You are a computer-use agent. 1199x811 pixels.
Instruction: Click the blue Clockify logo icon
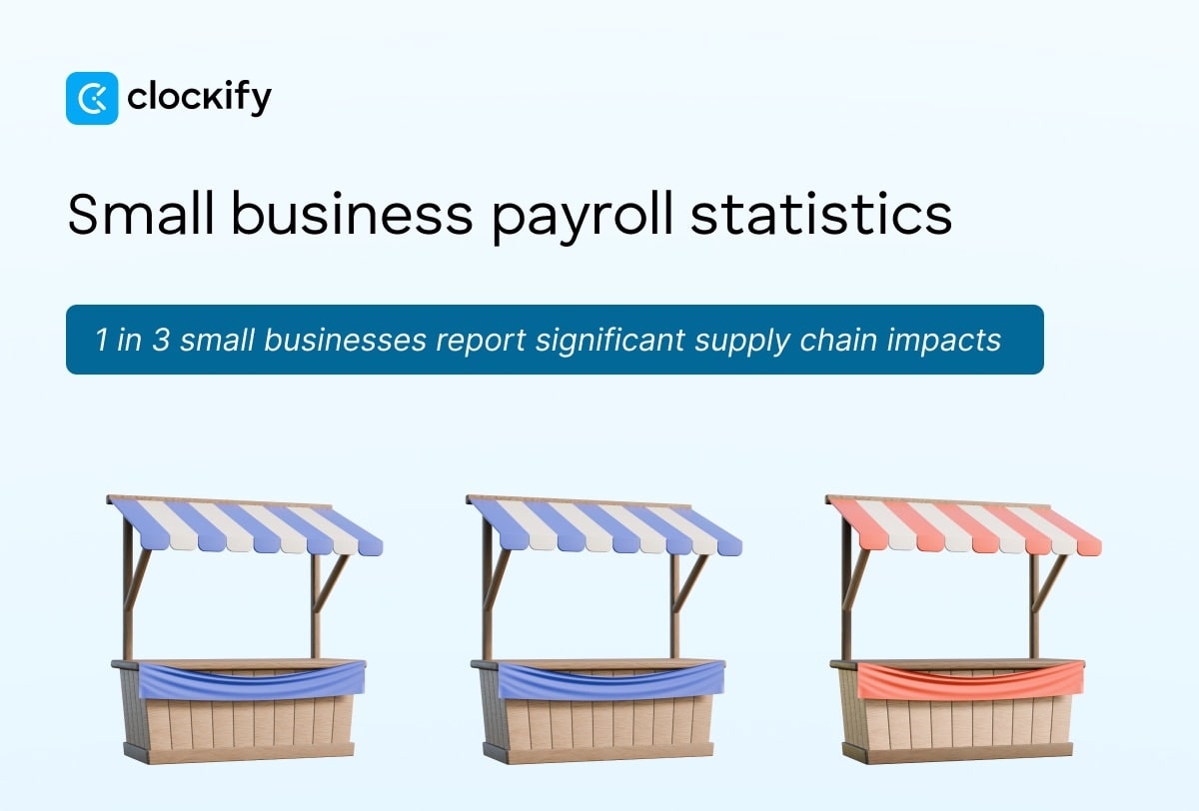click(x=92, y=98)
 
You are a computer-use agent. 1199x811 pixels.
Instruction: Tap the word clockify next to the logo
click(x=199, y=98)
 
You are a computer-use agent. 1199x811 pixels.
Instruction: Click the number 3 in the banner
click(x=159, y=341)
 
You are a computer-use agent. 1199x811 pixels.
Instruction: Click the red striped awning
click(x=964, y=526)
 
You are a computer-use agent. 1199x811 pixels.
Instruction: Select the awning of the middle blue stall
click(x=604, y=526)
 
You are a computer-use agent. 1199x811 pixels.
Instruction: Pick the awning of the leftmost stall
click(x=245, y=526)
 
